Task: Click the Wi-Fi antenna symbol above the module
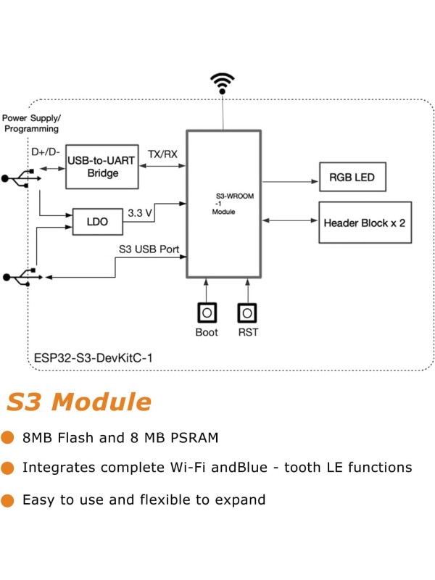click(223, 83)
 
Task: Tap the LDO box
click(97, 222)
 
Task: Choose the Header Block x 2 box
click(365, 222)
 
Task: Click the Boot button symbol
click(207, 312)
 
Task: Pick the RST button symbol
click(247, 312)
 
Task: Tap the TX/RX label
click(162, 154)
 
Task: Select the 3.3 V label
click(140, 213)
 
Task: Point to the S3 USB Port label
click(149, 249)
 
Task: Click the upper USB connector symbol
click(15, 178)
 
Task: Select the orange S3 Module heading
click(80, 402)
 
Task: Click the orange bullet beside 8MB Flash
click(8, 437)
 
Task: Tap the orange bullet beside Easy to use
click(8, 500)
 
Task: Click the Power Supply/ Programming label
click(31, 123)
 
